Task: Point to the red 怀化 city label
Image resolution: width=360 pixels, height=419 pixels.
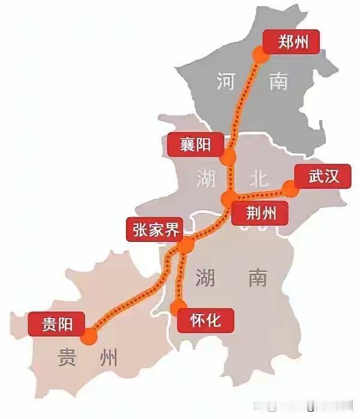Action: pos(205,320)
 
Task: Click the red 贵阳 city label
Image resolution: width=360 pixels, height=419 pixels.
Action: pos(57,325)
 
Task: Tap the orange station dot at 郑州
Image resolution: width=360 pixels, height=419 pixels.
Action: pos(260,55)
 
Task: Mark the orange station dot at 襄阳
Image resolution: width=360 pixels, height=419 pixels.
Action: pos(228,158)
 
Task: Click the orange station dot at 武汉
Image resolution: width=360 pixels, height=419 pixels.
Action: pos(290,189)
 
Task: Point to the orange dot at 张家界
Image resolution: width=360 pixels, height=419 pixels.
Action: pos(186,245)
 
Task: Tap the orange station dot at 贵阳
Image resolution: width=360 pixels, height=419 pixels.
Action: pos(90,336)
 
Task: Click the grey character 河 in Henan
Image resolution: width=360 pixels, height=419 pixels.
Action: pos(226,80)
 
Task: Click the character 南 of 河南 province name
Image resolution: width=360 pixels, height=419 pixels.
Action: pos(278,80)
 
